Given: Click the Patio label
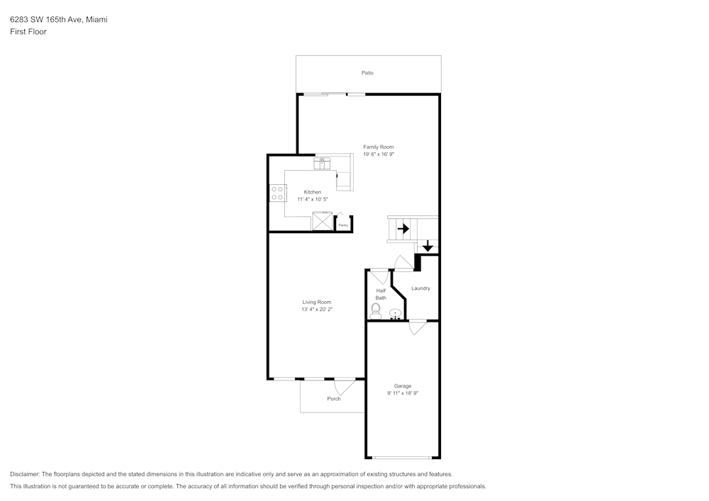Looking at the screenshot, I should click(367, 73).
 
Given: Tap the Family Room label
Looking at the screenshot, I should click(378, 147).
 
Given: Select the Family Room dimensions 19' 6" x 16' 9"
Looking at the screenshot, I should click(378, 154).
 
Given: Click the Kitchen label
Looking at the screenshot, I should click(313, 192).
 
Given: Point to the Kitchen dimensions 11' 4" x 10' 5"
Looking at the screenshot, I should click(313, 199).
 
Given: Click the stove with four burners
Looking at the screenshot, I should click(277, 193).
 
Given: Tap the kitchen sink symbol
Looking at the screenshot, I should click(323, 163).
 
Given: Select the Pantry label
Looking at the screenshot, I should click(343, 225).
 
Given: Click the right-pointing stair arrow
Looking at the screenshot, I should click(403, 229).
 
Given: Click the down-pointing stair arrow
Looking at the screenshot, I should click(428, 246).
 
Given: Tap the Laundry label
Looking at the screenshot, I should click(420, 288).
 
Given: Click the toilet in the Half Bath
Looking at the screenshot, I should click(376, 310).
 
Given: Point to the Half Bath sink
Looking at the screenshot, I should click(396, 313).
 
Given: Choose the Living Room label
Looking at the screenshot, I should click(317, 302).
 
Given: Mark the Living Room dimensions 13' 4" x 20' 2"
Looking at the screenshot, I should click(317, 309).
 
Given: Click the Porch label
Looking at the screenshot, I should click(334, 399).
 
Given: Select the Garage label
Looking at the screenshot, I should click(403, 386).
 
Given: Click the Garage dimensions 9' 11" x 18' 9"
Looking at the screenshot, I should click(403, 393).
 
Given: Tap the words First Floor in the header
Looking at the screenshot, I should click(28, 32).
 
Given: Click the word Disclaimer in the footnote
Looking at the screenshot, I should click(25, 474).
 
